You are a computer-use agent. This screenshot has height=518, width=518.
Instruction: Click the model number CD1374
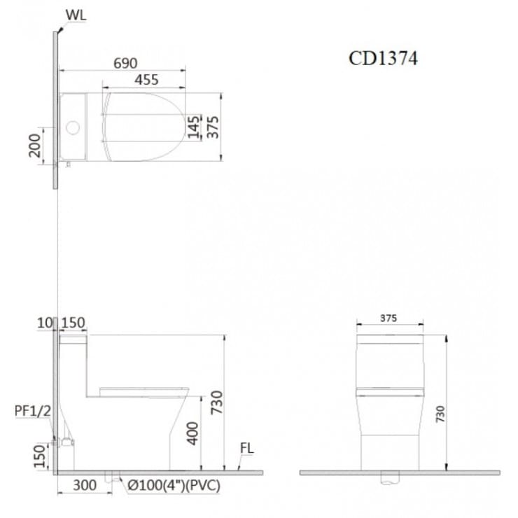(x=383, y=59)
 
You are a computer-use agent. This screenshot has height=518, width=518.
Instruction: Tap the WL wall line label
(x=76, y=15)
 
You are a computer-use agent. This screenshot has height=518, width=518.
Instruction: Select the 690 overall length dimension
(x=125, y=63)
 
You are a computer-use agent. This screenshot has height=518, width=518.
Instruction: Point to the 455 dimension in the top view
(x=146, y=80)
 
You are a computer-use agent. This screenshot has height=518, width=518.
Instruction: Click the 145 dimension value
(x=194, y=127)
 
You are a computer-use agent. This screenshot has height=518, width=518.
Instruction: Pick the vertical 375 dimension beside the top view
(x=213, y=127)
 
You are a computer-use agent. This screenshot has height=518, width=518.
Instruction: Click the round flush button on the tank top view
(x=72, y=128)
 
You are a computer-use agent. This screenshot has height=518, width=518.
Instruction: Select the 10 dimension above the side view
(x=45, y=323)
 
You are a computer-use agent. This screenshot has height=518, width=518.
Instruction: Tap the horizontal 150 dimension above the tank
(x=73, y=323)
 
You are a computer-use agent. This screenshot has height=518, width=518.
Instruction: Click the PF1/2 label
(x=33, y=412)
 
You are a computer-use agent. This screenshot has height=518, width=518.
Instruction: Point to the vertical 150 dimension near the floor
(x=41, y=456)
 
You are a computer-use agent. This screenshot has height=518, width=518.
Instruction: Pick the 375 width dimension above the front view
(x=389, y=318)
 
